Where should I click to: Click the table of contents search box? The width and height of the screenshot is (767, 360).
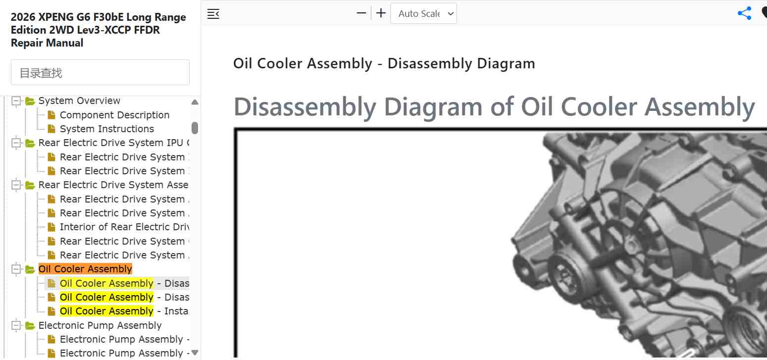100,72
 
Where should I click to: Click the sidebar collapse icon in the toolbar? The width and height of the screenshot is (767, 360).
213,14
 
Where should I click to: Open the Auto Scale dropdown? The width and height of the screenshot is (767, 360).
423,14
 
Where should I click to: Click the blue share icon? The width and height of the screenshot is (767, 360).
744,13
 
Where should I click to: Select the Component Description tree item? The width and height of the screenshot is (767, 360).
114,115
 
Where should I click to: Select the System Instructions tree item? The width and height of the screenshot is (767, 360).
107,129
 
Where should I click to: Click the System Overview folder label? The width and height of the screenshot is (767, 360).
79,101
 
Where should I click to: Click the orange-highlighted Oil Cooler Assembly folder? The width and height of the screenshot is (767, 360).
85,269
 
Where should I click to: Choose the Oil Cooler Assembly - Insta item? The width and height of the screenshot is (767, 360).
124,311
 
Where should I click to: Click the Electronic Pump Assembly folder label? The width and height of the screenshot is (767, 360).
100,325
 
